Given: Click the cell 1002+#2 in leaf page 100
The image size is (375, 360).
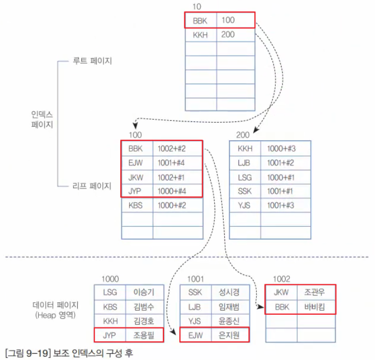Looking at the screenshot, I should [x=171, y=149].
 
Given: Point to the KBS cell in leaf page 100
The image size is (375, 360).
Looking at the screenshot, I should [x=136, y=204].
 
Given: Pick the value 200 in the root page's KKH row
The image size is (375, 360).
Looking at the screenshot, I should [x=228, y=35].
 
